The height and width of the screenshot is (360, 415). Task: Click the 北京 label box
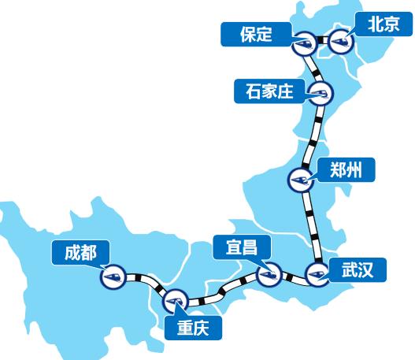click(384, 24)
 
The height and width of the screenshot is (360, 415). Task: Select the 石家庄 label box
click(269, 91)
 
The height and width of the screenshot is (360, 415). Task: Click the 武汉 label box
click(358, 270)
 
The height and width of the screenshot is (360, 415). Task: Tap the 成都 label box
click(80, 253)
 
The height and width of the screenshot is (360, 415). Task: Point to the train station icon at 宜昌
click(269, 274)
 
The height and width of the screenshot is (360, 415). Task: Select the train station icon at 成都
click(113, 276)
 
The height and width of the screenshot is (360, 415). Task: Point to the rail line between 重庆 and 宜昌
click(224, 290)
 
